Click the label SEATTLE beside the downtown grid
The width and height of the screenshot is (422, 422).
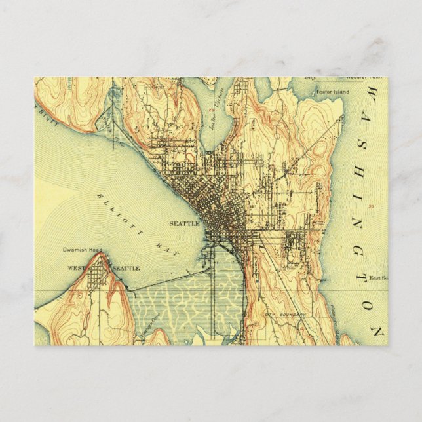[x=184, y=223]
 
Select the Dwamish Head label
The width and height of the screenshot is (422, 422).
[x=81, y=250]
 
